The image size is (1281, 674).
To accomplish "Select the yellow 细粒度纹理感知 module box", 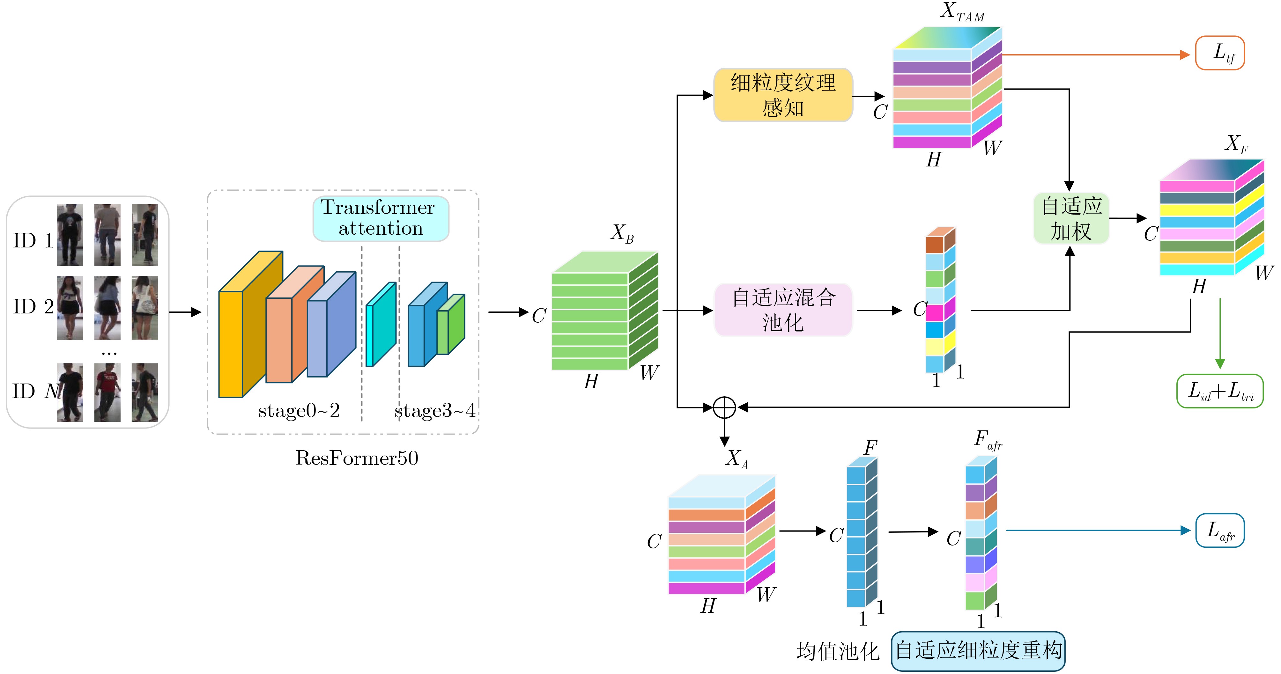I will click(783, 95).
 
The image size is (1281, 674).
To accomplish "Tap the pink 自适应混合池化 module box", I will click(783, 310).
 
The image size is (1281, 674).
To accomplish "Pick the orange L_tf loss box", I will click(1220, 53).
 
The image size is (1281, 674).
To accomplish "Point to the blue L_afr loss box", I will click(1220, 530).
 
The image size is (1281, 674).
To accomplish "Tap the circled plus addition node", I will click(724, 407).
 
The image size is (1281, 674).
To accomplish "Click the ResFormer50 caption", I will click(357, 458).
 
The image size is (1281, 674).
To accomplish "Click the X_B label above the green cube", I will click(622, 233).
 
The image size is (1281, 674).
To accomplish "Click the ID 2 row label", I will click(33, 307).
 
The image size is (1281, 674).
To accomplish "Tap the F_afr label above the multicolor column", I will click(988, 440).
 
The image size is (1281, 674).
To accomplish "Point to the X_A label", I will click(737, 459).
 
